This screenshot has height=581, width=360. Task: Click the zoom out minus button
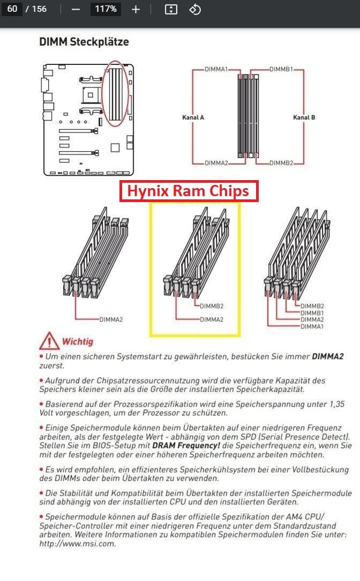tap(76, 9)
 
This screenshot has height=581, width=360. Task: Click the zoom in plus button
tap(136, 9)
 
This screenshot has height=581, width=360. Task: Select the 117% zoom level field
tap(106, 9)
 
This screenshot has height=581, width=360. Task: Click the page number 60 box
tap(12, 9)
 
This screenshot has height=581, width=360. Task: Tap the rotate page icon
tap(195, 9)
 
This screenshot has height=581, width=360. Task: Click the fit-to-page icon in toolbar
tap(171, 9)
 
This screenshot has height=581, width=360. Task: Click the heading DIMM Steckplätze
tap(84, 42)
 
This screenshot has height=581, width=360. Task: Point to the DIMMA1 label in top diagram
tap(216, 69)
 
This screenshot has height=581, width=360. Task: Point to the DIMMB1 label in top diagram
tap(281, 69)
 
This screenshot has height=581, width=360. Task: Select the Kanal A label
tap(193, 117)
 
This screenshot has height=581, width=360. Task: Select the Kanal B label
tap(304, 117)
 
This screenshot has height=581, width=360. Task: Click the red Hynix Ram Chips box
tap(189, 191)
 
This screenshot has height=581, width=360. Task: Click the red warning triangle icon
tap(49, 341)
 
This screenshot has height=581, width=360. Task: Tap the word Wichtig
tap(77, 341)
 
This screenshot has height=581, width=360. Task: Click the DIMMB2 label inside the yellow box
tap(212, 307)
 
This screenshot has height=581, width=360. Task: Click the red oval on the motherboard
tap(115, 94)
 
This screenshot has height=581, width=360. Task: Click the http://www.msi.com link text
tap(77, 543)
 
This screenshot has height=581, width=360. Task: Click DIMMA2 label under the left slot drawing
tap(111, 319)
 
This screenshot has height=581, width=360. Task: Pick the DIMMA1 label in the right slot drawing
tap(312, 326)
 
